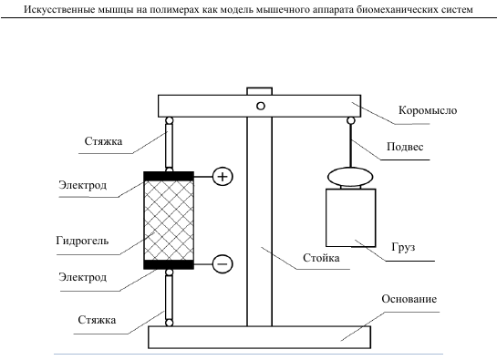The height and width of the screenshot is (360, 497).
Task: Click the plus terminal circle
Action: [x=223, y=177]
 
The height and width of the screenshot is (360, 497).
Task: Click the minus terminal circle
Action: [x=223, y=264]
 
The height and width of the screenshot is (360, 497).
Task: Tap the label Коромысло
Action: [x=428, y=110]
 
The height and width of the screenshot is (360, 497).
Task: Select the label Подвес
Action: [x=405, y=147]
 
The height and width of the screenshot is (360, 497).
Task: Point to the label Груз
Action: [x=403, y=247]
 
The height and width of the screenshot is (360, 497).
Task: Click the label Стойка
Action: [x=321, y=258]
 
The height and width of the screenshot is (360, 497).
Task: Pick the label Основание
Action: [x=409, y=299]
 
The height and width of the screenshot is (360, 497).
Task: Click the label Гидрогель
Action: [x=82, y=241]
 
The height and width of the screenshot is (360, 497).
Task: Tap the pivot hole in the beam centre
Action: [x=261, y=106]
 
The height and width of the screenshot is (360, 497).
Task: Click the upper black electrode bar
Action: [x=169, y=176]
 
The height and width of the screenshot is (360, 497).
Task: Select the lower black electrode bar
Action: [x=169, y=264]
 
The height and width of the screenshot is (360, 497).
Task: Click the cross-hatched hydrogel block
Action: [x=169, y=221]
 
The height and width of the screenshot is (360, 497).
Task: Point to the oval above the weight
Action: [x=350, y=177]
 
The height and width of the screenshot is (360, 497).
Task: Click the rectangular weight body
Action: [x=351, y=218]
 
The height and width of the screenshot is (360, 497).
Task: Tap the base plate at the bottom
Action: [x=259, y=337]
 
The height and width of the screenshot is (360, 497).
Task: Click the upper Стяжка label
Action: [x=103, y=141]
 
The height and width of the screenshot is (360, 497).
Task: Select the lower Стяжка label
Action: [x=97, y=320]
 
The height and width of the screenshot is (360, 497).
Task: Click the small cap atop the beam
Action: [x=259, y=91]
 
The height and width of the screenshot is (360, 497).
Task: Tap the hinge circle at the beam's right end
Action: [x=351, y=120]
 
